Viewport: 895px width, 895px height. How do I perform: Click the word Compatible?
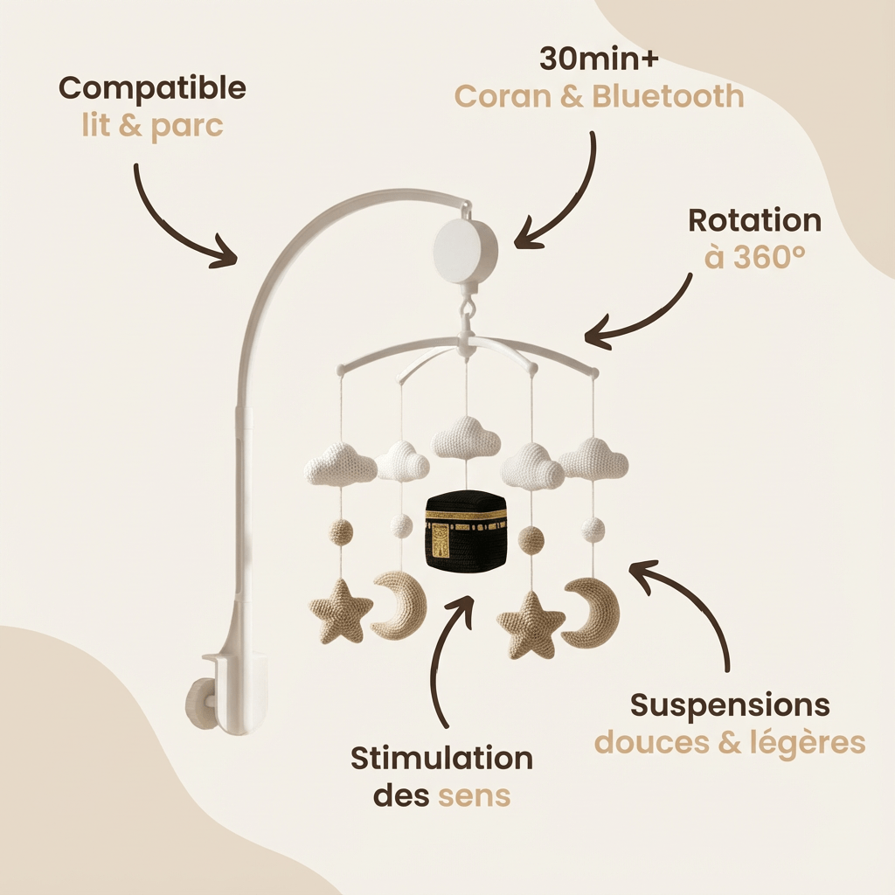coord(152,88)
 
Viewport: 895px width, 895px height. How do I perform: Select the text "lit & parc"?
coord(147,125)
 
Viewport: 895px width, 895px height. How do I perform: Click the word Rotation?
coord(754,220)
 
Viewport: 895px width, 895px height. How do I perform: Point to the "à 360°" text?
coord(754,258)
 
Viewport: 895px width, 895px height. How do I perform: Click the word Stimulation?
coord(441,758)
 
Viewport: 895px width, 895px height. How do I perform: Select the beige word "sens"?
coord(475,795)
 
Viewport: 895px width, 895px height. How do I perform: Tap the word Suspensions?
coord(729,704)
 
